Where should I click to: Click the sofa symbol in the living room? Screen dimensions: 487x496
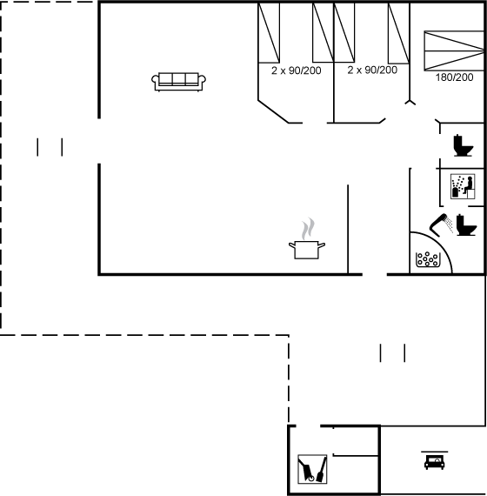(x=178, y=82)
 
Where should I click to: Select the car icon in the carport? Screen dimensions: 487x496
(x=435, y=462)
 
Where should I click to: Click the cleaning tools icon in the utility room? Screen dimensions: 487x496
(x=312, y=469)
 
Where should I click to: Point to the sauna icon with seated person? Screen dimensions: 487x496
(x=463, y=186)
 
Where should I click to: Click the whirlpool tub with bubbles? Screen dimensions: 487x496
(x=427, y=259)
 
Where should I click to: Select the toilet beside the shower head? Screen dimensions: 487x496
(x=466, y=225)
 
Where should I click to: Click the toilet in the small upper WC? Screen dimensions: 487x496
(x=464, y=145)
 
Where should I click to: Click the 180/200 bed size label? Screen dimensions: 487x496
(x=455, y=77)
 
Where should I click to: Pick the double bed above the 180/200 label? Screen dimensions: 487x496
(x=454, y=50)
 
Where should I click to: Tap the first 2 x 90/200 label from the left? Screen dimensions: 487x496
(x=297, y=70)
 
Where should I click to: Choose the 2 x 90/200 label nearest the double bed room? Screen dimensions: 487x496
(x=372, y=70)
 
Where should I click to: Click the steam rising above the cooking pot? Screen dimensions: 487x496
(x=308, y=228)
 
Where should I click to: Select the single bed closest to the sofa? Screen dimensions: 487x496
(x=269, y=33)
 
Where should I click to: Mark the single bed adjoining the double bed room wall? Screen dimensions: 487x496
(x=399, y=33)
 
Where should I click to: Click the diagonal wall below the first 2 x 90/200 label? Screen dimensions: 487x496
(x=273, y=111)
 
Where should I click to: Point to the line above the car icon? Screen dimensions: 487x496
(x=435, y=452)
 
